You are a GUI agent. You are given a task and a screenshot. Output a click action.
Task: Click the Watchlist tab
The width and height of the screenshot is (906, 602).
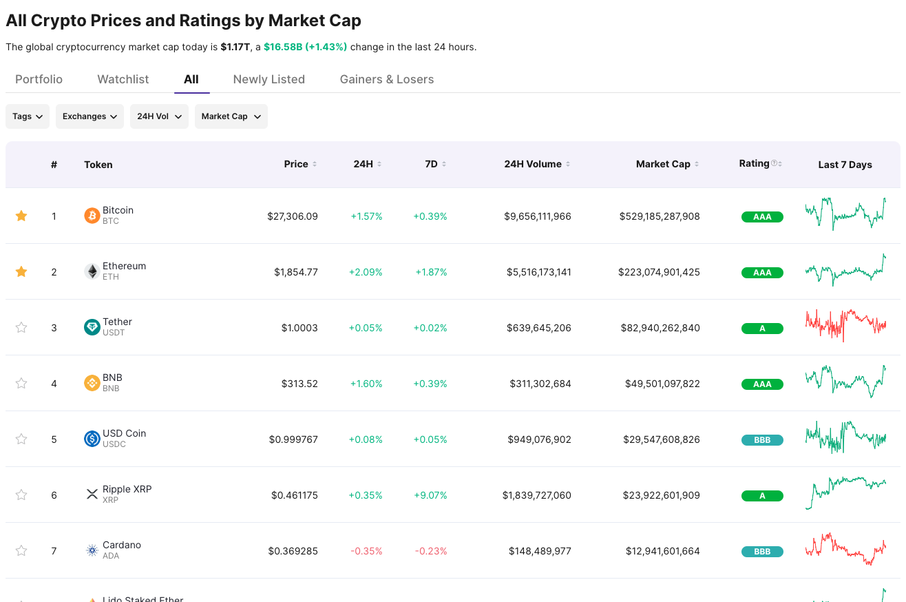click(x=123, y=79)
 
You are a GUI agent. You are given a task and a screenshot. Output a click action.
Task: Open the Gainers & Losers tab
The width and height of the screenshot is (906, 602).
click(x=386, y=79)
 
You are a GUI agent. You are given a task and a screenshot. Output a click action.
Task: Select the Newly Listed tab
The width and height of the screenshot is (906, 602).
click(x=268, y=79)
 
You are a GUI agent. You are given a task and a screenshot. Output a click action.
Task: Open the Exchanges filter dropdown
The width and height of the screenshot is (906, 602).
click(x=89, y=116)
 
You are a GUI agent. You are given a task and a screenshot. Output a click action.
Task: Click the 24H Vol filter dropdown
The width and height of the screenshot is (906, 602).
click(x=159, y=116)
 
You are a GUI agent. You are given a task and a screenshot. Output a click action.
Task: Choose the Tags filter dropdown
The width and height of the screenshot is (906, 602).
click(x=28, y=116)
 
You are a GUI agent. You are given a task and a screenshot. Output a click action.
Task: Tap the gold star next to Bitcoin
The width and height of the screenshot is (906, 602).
click(x=21, y=216)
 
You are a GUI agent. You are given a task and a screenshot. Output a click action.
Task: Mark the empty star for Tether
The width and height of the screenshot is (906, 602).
click(x=21, y=328)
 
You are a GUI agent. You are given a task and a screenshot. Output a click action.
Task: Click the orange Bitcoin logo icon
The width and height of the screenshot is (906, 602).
click(x=92, y=216)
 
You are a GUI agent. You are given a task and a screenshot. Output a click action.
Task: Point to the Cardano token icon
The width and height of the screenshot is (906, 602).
click(x=92, y=550)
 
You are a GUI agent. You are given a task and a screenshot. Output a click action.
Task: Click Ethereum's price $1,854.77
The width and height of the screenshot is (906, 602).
click(x=296, y=272)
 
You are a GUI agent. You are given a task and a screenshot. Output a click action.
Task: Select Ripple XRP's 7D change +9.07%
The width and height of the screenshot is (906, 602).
click(x=430, y=495)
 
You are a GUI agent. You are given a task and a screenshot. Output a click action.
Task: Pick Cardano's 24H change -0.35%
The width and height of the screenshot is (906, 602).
click(x=366, y=551)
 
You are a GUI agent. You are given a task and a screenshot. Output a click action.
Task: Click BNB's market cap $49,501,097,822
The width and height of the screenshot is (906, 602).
click(x=662, y=384)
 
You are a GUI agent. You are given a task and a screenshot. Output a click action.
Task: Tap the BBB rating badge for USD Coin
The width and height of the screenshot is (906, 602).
click(x=762, y=440)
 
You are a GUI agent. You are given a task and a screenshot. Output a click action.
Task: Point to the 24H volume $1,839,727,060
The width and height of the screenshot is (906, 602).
click(x=536, y=495)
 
